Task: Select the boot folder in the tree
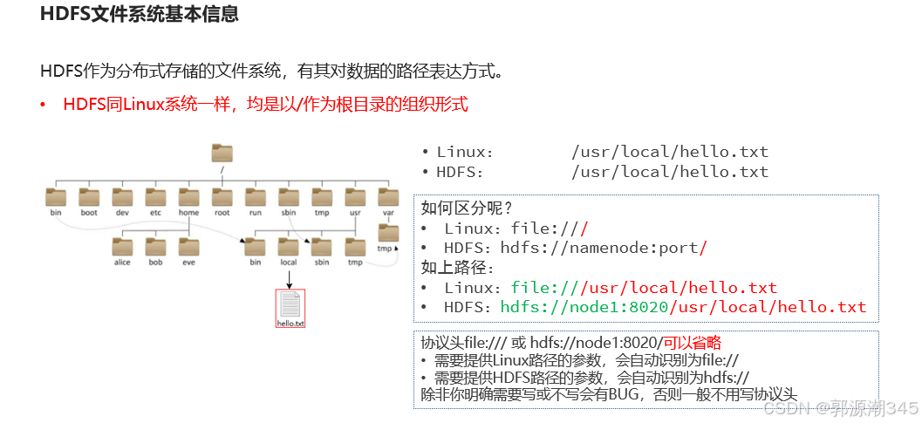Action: [x=89, y=197]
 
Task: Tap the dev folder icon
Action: [x=122, y=197]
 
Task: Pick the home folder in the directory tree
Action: [x=188, y=197]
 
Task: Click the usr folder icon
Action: [x=355, y=197]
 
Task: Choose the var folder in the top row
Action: [x=388, y=197]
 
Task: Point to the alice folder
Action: [x=122, y=247]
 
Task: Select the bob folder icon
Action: [x=155, y=247]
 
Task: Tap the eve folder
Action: [x=188, y=247]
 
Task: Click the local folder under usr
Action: [x=289, y=247]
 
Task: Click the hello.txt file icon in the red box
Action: [x=290, y=305]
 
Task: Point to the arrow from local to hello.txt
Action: [x=289, y=278]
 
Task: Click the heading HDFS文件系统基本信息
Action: [x=140, y=15]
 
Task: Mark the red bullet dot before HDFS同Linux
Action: [x=42, y=106]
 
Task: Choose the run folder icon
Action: [x=256, y=197]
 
